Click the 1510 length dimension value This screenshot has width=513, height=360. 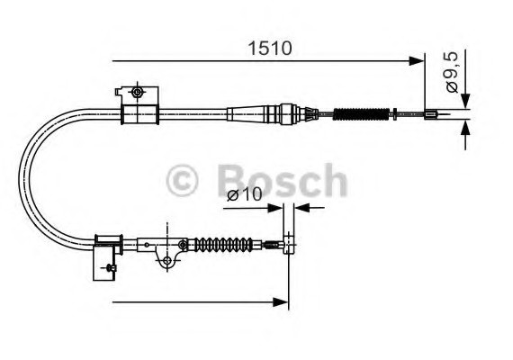pyautogui.click(x=270, y=48)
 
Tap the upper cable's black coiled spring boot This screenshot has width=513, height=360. pyautogui.click(x=359, y=114)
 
